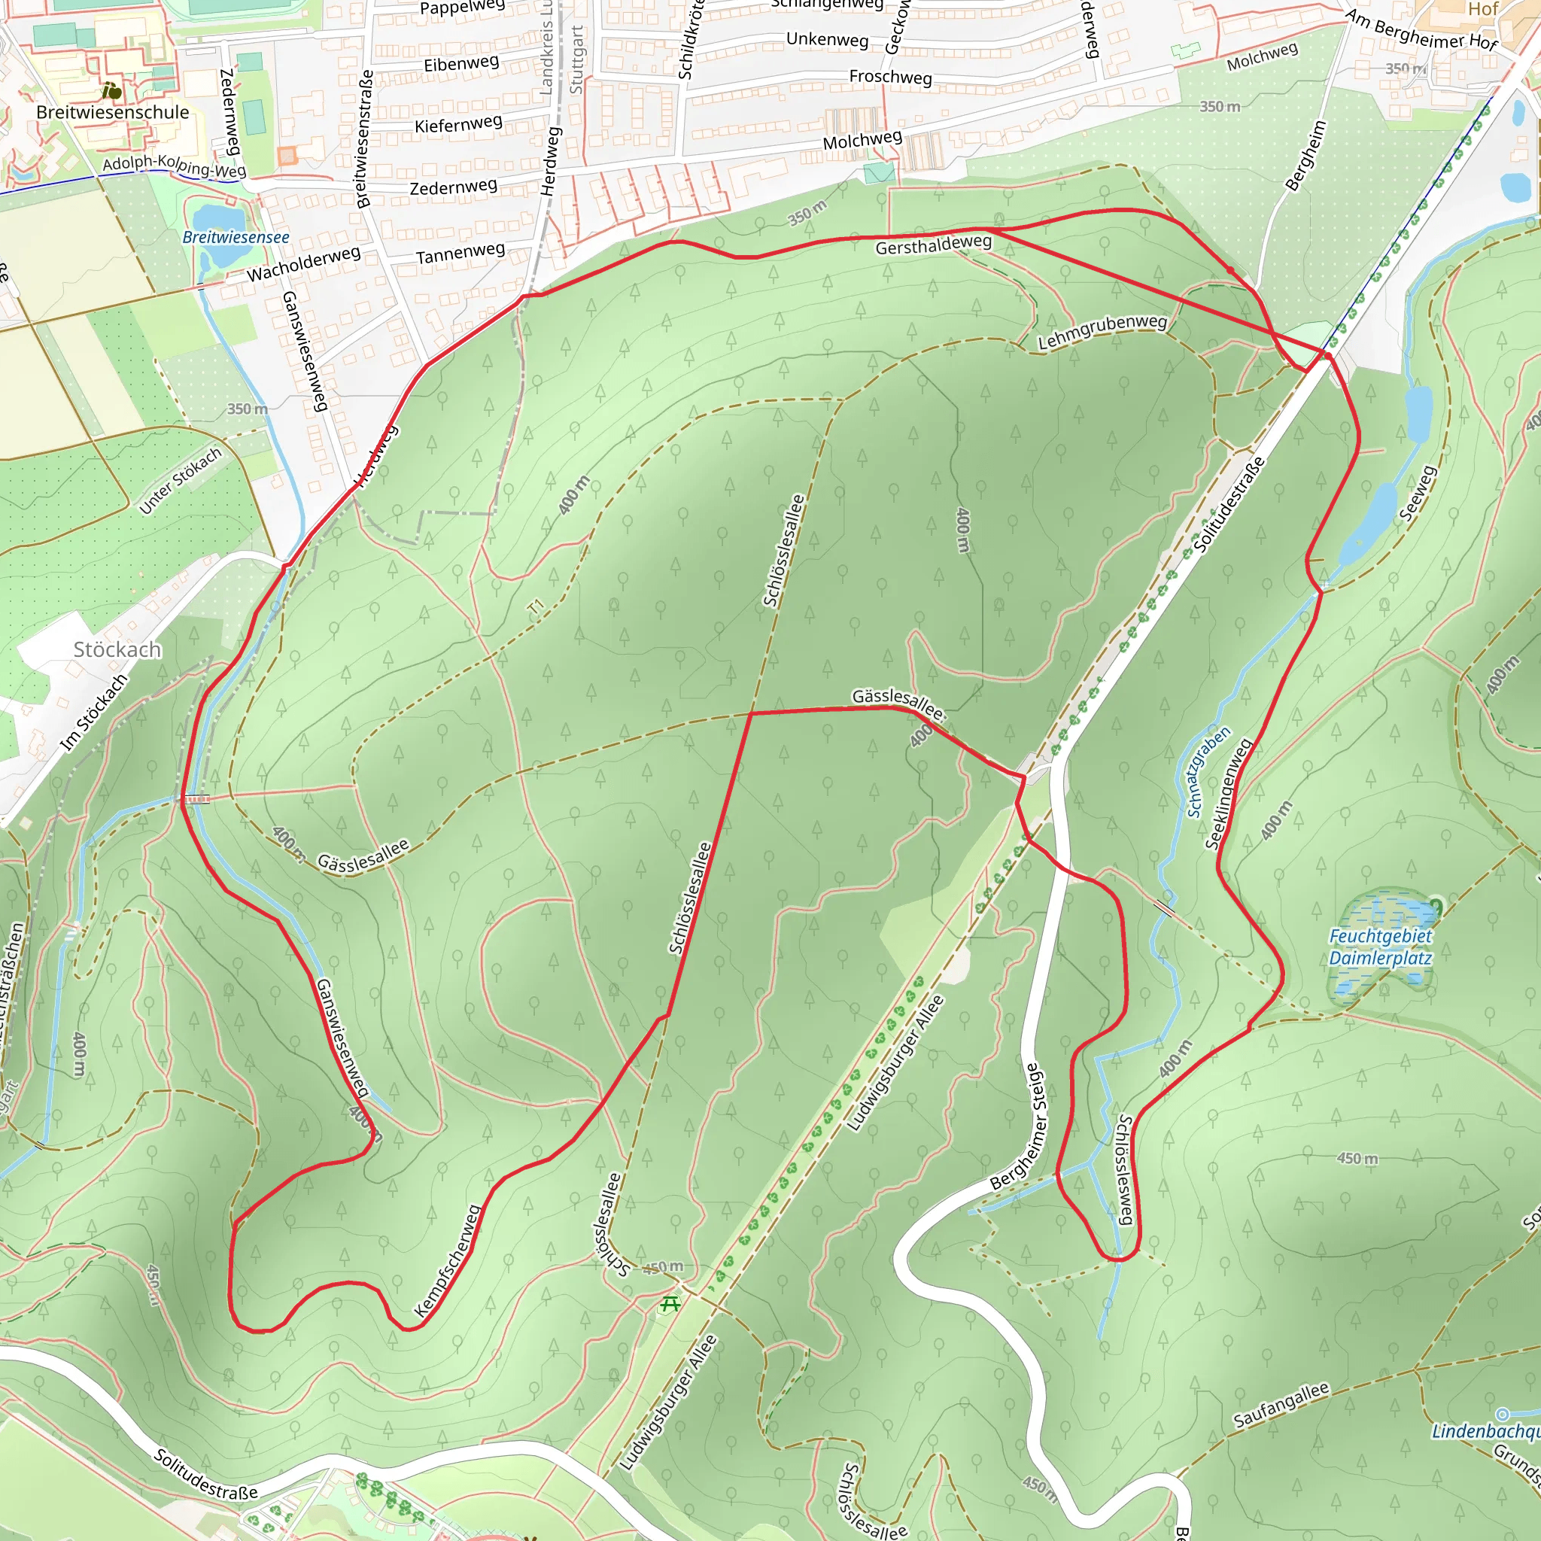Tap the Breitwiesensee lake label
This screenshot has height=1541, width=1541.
click(x=236, y=238)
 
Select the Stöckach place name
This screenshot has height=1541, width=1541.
click(x=117, y=650)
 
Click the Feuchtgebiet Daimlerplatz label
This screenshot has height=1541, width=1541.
click(x=1380, y=947)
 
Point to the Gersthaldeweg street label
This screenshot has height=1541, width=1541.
click(x=933, y=245)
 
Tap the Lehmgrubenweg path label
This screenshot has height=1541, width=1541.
click(x=1102, y=332)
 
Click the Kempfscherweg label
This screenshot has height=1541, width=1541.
click(x=448, y=1261)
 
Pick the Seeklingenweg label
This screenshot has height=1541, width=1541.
click(x=1229, y=795)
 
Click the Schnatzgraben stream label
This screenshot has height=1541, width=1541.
click(x=1208, y=771)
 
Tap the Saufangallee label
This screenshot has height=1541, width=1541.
click(x=1281, y=1406)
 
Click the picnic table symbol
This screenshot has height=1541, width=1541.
click(x=670, y=1305)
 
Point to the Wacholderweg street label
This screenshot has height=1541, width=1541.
click(x=304, y=264)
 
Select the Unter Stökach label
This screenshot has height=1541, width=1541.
click(x=181, y=481)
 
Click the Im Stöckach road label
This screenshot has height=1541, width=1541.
click(x=94, y=713)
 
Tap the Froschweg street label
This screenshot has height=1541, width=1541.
click(x=890, y=78)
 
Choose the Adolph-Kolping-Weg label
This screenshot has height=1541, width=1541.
click(x=175, y=166)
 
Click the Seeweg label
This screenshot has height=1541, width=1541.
click(x=1418, y=494)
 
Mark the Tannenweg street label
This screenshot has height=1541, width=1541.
click(x=460, y=254)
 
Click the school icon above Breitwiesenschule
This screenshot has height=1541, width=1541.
click(x=112, y=92)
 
